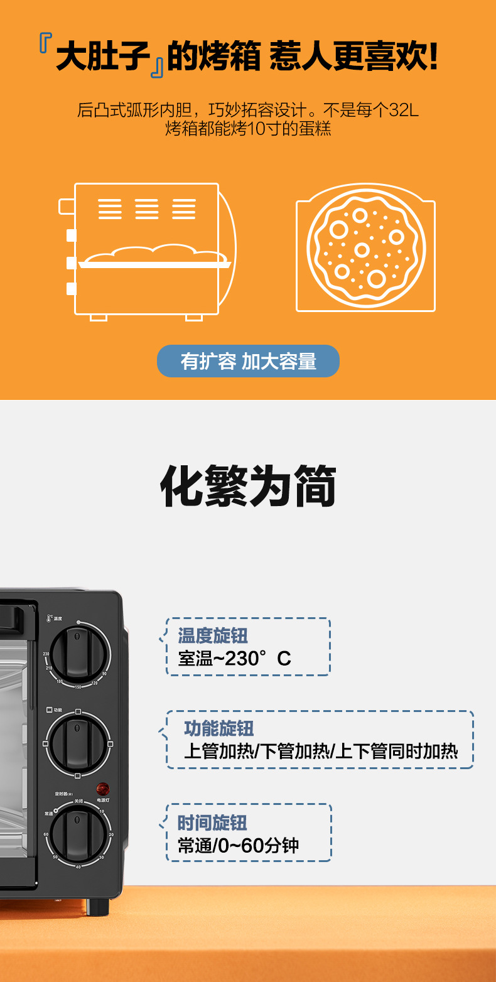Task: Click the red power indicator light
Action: [x=103, y=789]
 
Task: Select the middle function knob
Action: [x=78, y=743]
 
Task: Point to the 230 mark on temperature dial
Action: [x=46, y=654]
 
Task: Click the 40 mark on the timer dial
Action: [x=78, y=866]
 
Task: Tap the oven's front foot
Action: [x=97, y=906]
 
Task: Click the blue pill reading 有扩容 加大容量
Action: [x=248, y=361]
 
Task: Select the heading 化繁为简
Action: [x=248, y=487]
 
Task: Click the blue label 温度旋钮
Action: [x=213, y=635]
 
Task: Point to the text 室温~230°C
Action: [x=234, y=659]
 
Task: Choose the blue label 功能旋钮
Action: [x=218, y=728]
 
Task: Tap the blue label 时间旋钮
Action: [x=212, y=823]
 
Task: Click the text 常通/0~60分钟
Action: [x=238, y=846]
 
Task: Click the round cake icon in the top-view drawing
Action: [x=366, y=247]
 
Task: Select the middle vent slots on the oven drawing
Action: [x=147, y=208]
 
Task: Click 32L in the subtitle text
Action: [x=403, y=111]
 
